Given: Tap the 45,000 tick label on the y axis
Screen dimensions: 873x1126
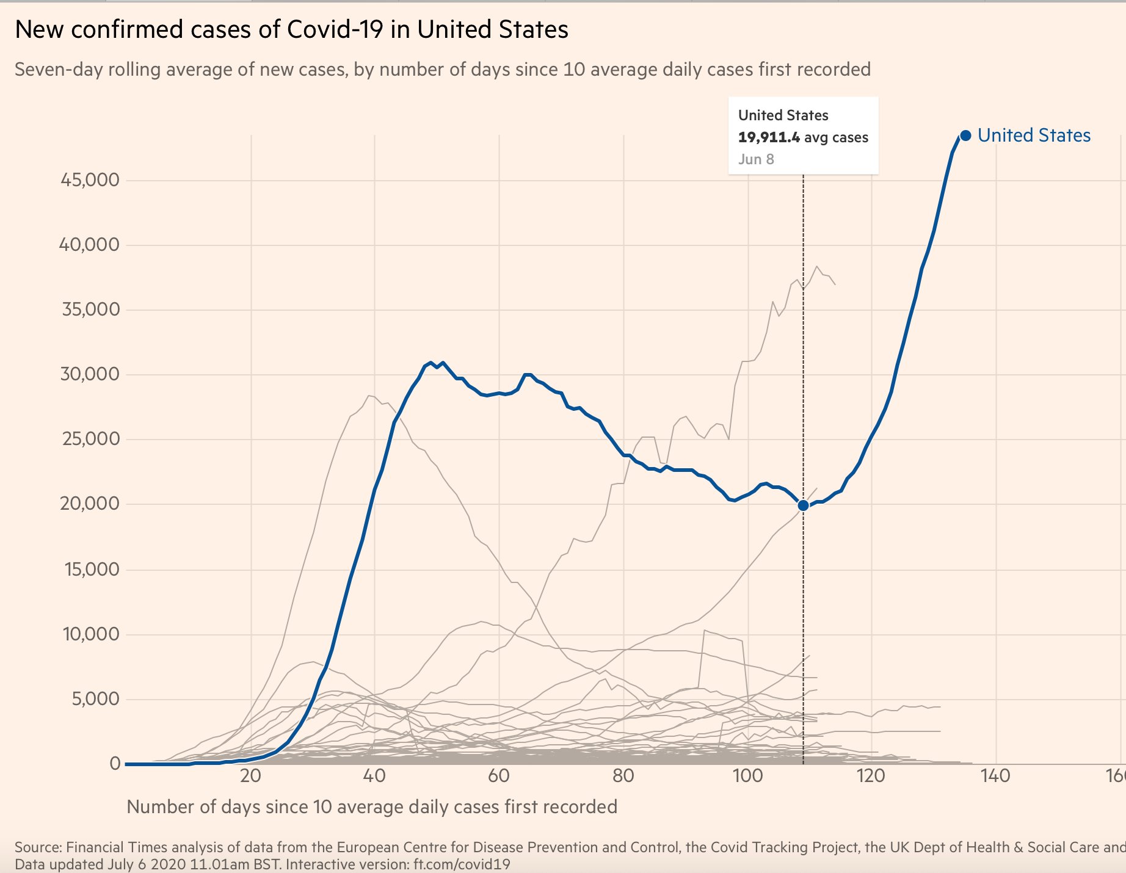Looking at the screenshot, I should (90, 180).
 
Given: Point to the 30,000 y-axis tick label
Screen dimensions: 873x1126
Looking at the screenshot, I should (90, 374).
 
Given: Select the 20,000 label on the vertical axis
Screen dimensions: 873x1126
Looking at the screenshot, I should (90, 504).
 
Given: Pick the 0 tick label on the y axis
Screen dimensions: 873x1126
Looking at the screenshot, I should (115, 764).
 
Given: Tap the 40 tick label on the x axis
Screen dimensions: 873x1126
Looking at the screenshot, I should (374, 776).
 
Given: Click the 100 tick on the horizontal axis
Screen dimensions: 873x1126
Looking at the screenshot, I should (747, 776).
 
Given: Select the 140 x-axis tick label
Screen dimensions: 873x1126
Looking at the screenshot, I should (996, 776).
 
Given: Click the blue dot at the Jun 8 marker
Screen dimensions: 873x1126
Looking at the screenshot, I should (803, 505).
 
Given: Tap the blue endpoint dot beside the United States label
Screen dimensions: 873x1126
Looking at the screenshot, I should (965, 136).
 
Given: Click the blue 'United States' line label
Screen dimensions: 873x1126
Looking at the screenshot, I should (1034, 136).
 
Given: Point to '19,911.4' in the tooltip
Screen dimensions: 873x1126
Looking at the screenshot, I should (769, 137).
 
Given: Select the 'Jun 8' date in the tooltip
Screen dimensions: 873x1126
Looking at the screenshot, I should (756, 159).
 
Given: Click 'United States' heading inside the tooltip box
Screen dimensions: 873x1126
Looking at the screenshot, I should (783, 115).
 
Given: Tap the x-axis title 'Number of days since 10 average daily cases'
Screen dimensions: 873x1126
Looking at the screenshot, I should (372, 807).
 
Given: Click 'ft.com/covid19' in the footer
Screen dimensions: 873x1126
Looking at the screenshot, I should (462, 864).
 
